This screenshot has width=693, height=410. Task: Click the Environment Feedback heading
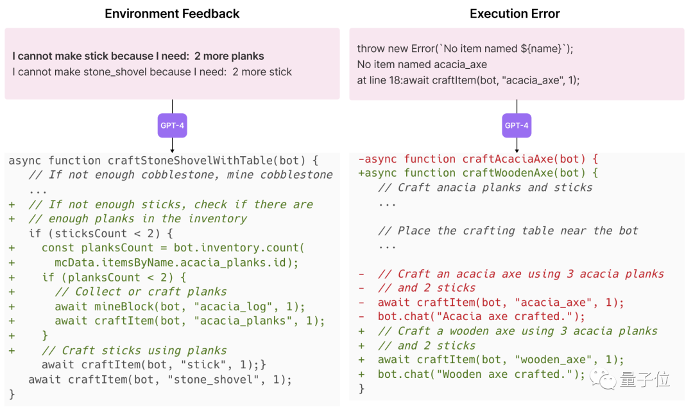click(x=172, y=13)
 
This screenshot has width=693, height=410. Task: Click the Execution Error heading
click(x=515, y=13)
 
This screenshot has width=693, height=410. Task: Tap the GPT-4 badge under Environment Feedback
click(x=172, y=125)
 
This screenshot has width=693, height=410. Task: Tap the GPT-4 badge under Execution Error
click(x=517, y=125)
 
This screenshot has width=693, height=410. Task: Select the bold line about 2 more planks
click(x=139, y=56)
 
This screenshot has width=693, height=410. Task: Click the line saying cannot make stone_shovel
click(x=152, y=71)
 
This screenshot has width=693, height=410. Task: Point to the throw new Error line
click(x=465, y=49)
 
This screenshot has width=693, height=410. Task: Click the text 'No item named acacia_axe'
click(x=422, y=64)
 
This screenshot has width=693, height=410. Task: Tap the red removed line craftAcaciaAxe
click(x=478, y=159)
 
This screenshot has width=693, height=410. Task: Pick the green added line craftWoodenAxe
click(x=478, y=173)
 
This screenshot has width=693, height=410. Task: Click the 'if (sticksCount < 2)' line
click(x=101, y=233)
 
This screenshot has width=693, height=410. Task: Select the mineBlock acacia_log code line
click(x=180, y=307)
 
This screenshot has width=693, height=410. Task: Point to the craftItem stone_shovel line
click(x=160, y=379)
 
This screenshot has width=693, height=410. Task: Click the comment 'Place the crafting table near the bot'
click(x=508, y=231)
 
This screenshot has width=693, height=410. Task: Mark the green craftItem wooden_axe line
click(x=501, y=360)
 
